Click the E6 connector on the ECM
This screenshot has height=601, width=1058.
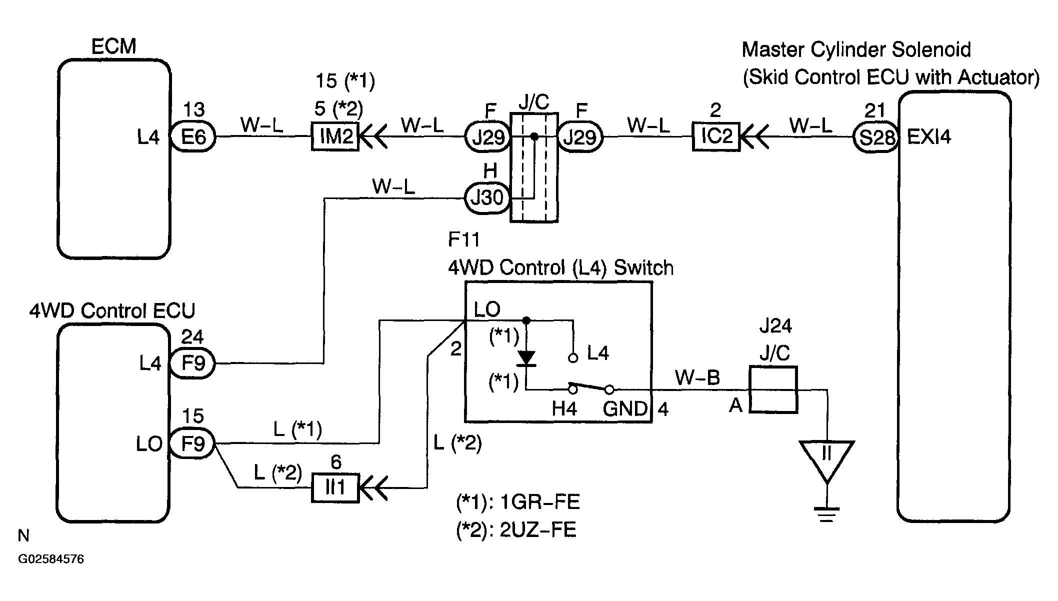[193, 136]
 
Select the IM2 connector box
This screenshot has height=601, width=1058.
[335, 136]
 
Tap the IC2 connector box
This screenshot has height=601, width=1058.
[716, 136]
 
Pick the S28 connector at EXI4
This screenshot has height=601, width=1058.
[876, 136]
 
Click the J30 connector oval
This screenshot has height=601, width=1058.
[487, 198]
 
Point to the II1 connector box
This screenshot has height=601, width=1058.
[335, 487]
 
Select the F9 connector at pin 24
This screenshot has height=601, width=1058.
[193, 363]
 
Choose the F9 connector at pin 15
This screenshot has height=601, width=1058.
[193, 443]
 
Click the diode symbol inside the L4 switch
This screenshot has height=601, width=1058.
[526, 358]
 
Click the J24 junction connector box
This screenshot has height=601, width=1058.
[773, 389]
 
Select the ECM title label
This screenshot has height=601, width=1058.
[113, 46]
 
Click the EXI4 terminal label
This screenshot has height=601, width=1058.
[929, 136]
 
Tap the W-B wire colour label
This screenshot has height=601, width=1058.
[697, 377]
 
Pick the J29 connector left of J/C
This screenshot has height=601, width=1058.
[487, 136]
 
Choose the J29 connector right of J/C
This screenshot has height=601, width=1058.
[580, 136]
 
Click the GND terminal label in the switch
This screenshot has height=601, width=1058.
[625, 409]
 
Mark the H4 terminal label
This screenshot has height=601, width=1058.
[564, 409]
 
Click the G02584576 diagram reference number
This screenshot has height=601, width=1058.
[51, 559]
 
